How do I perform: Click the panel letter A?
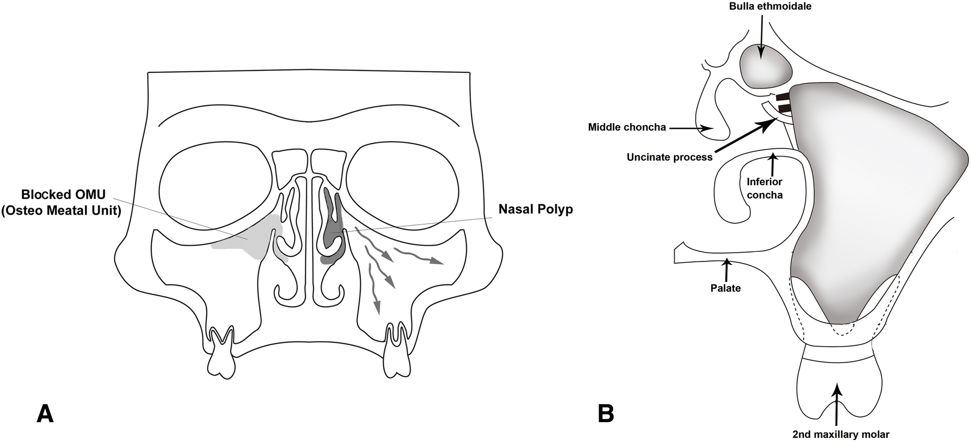point(45,414)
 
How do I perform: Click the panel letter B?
point(606,414)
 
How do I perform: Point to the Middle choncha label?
point(627,127)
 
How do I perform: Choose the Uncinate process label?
point(669,157)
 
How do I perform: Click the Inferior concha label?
point(764,188)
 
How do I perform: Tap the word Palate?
point(725,288)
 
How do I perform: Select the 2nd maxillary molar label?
point(840,435)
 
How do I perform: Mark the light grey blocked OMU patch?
point(249,240)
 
